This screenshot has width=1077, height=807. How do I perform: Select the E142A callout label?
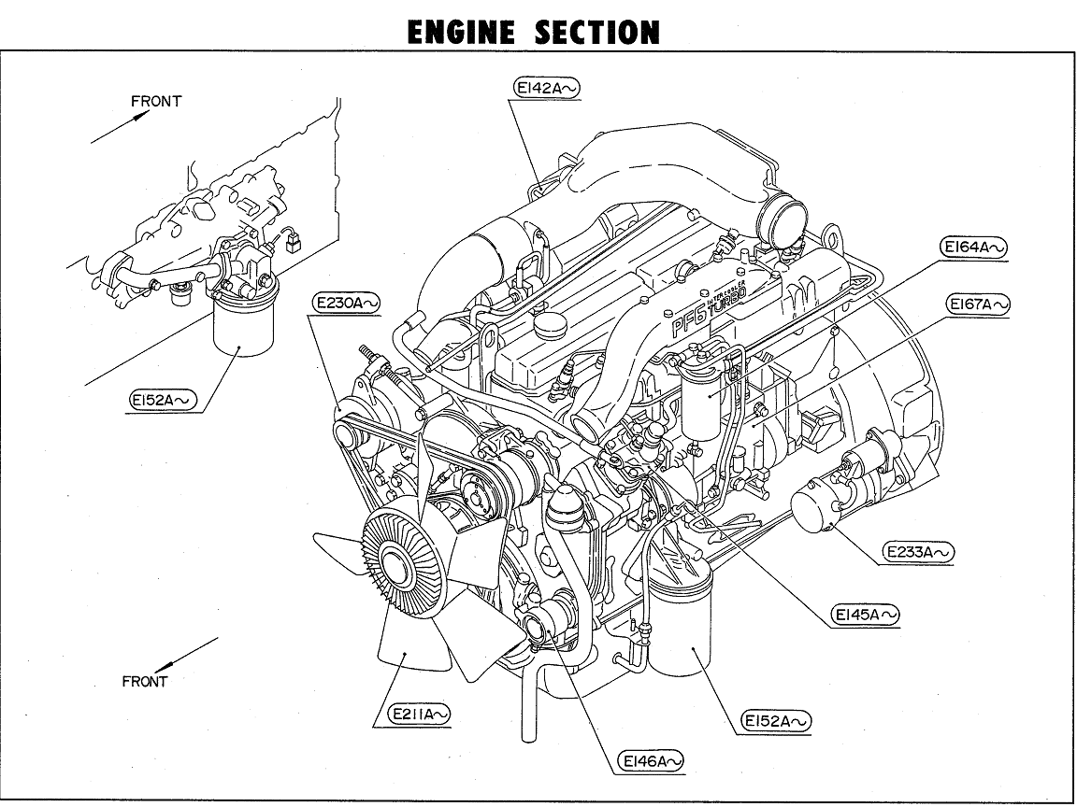click(547, 87)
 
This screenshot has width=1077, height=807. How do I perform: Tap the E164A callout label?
click(973, 248)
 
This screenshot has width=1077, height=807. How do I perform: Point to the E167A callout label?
click(979, 304)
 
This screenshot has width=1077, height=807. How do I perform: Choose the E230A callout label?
click(346, 303)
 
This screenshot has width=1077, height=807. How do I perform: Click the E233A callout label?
click(919, 552)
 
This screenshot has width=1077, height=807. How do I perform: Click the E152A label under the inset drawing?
click(165, 400)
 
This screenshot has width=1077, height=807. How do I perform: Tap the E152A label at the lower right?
click(776, 721)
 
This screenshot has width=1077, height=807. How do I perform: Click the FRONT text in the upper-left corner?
click(156, 101)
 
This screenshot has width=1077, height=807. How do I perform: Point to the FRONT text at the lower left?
click(145, 682)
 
